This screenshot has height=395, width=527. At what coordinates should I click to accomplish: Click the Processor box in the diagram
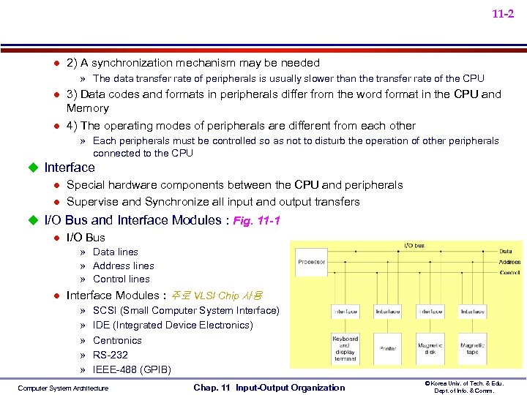(x=312, y=262)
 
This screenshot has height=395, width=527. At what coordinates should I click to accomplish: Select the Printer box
(x=388, y=349)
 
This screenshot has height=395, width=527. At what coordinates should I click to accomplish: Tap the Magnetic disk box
(x=430, y=349)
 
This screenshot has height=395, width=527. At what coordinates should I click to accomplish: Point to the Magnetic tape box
(x=472, y=349)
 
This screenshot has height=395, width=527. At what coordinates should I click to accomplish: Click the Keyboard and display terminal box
(x=345, y=349)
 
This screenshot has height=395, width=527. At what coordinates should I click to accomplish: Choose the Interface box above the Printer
(x=388, y=312)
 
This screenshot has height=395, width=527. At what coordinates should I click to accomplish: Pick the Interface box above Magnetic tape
(x=472, y=312)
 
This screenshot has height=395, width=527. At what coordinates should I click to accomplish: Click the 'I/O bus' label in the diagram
(x=414, y=246)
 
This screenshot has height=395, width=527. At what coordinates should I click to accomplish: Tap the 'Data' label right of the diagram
(x=506, y=252)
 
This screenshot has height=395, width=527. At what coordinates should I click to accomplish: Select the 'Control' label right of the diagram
(x=509, y=272)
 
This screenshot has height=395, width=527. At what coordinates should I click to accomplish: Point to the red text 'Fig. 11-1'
(x=256, y=220)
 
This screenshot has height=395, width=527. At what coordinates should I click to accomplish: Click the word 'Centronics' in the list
(x=117, y=340)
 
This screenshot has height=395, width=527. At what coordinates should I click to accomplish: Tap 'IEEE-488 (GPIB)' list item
(x=132, y=369)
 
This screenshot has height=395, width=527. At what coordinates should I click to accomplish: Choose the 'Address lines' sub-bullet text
(x=123, y=266)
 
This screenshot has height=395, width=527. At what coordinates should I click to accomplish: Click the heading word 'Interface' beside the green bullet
(x=70, y=168)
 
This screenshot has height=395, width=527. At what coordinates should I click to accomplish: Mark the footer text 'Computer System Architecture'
(x=63, y=388)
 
